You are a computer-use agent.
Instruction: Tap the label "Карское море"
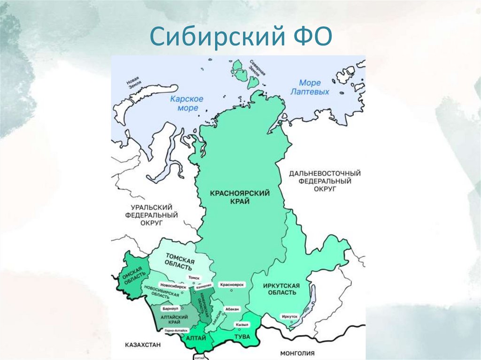tap(187, 103)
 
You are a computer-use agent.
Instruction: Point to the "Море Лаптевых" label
tap(310, 87)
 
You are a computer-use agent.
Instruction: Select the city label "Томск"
tap(194, 278)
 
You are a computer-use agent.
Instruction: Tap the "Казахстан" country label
tap(143, 345)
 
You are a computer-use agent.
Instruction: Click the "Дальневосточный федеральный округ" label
tap(325, 181)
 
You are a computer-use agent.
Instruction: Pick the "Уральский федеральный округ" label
tap(151, 214)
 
